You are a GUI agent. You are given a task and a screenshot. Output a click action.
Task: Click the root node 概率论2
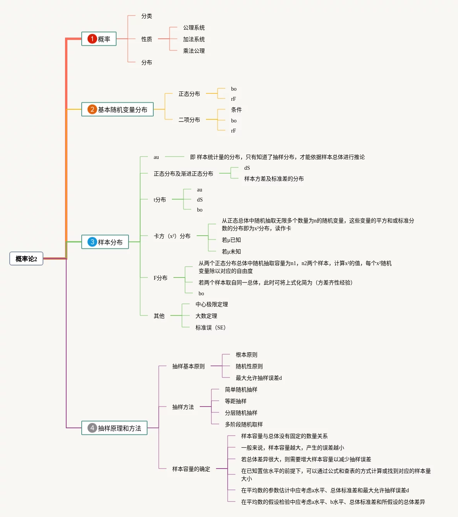26,259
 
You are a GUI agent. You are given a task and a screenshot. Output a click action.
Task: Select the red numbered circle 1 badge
92,39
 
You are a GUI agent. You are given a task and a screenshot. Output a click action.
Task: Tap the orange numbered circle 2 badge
92,109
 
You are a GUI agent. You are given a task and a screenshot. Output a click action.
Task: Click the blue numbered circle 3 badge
92,242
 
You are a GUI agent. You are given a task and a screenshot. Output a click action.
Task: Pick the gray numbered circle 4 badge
92,428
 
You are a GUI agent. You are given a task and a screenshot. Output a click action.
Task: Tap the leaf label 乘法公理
194,51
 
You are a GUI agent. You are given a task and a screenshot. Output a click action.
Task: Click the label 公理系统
194,28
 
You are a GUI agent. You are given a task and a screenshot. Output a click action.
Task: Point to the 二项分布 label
189,120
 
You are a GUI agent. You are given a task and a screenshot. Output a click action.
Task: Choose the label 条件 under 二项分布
237,110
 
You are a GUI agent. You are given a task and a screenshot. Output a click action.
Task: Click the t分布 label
160,200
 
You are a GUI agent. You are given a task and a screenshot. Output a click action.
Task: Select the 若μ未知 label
232,252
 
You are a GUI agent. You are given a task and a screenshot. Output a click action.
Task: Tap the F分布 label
161,278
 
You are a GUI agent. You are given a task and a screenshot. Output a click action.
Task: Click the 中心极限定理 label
212,304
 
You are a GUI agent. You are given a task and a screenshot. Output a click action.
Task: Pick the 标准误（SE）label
211,327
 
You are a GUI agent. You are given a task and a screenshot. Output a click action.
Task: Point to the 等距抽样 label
236,401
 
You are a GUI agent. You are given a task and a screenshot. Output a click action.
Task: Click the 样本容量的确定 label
191,469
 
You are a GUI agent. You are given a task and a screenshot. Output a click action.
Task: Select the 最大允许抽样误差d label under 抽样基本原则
259,378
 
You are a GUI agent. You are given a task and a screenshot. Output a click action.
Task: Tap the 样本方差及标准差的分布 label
274,179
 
